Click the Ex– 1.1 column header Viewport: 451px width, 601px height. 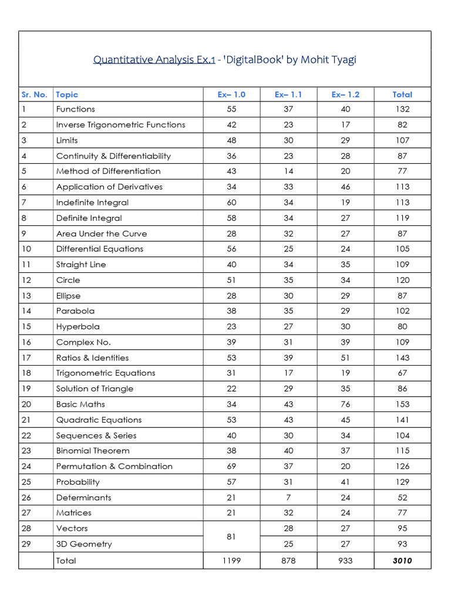[288, 94]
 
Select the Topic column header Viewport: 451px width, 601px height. [67, 94]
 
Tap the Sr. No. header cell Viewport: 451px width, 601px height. [35, 94]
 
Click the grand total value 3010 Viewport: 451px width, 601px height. [402, 561]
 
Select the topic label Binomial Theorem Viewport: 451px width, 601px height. [93, 451]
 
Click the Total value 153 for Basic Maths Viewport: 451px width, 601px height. [402, 404]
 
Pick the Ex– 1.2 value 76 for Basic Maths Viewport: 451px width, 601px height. [345, 404]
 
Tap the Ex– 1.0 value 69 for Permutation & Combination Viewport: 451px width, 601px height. [231, 467]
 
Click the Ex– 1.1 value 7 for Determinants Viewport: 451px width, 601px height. [288, 498]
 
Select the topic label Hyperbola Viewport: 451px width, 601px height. [78, 327]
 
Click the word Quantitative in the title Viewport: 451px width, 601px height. [122, 60]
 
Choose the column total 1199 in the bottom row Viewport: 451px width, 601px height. [231, 561]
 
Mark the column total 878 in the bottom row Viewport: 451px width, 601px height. [288, 561]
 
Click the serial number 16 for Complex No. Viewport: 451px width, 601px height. [26, 342]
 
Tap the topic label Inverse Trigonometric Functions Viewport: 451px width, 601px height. [120, 125]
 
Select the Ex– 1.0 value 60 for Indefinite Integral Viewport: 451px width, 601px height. [231, 202]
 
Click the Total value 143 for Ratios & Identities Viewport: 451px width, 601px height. [402, 358]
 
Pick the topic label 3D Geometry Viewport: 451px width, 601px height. [83, 544]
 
